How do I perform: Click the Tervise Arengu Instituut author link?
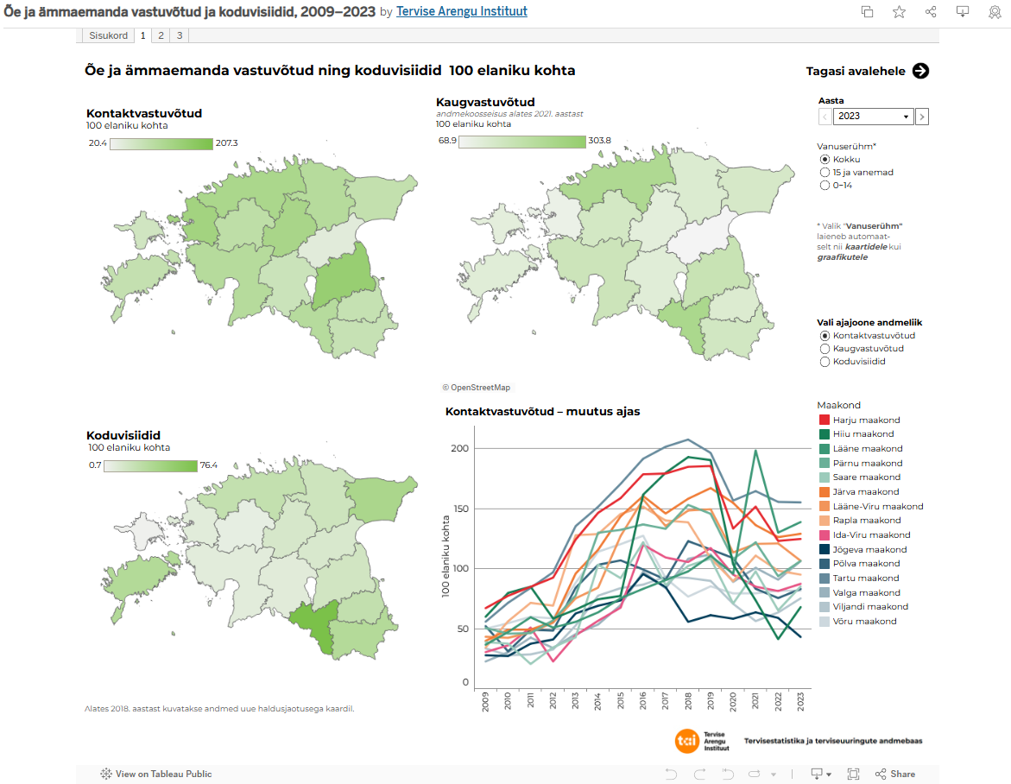[x=461, y=11]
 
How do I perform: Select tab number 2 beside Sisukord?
[x=161, y=35]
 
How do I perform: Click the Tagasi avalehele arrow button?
[x=920, y=71]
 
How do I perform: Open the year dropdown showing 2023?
[x=874, y=117]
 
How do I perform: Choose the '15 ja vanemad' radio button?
[x=825, y=173]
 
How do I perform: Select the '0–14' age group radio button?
[x=825, y=186]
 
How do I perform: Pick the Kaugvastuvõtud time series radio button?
[x=825, y=349]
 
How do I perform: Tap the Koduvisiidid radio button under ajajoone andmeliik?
[x=825, y=362]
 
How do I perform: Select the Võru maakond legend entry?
[x=863, y=622]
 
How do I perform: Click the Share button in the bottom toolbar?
[x=895, y=775]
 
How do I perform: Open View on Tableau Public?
[x=156, y=775]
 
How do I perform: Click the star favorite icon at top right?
[x=899, y=11]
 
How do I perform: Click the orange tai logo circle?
[x=688, y=741]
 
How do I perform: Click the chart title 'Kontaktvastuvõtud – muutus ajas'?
[x=542, y=412]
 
